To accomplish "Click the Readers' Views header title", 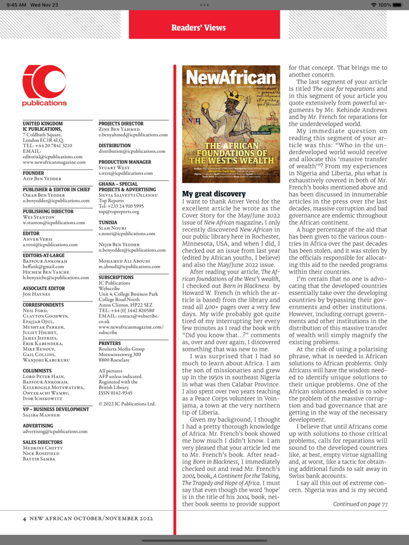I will click(198, 27).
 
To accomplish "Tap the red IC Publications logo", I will click(44, 86).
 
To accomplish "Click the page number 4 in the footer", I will click(24, 518).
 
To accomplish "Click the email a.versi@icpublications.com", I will click(50, 245).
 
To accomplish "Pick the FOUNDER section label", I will click(33, 173).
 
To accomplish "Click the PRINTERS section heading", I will click(110, 344).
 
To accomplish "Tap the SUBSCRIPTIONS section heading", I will click(116, 277).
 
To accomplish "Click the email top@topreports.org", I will click(119, 211).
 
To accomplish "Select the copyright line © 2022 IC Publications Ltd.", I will click(127, 404).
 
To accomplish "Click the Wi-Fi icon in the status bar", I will click(374, 5).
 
